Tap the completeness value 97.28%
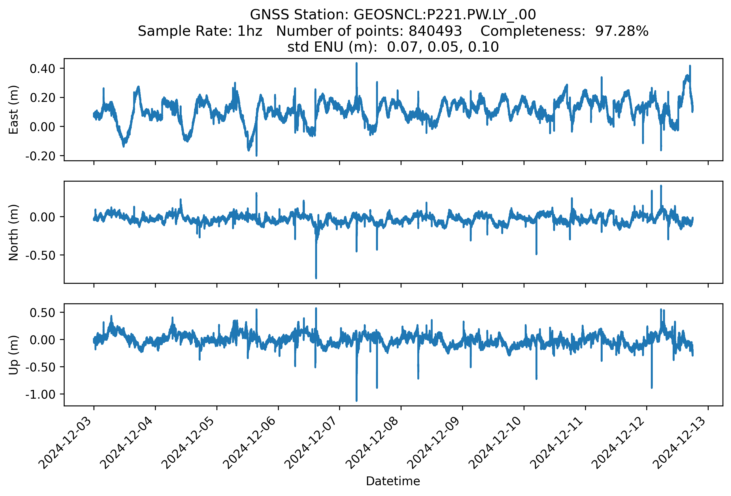(x=622, y=31)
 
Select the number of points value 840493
(x=435, y=31)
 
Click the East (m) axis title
(x=14, y=110)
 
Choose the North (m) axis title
(x=14, y=232)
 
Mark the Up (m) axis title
(x=14, y=355)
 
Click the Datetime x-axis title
(x=393, y=481)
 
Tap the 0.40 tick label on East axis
(x=42, y=69)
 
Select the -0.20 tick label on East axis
(x=41, y=156)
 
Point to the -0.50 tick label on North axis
(x=41, y=255)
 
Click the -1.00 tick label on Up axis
(x=41, y=394)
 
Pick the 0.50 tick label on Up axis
(x=42, y=313)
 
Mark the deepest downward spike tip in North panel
(x=316, y=278)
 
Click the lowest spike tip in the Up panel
(x=356, y=401)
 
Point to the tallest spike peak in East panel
(x=356, y=63)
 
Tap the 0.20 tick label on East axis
(x=42, y=98)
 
